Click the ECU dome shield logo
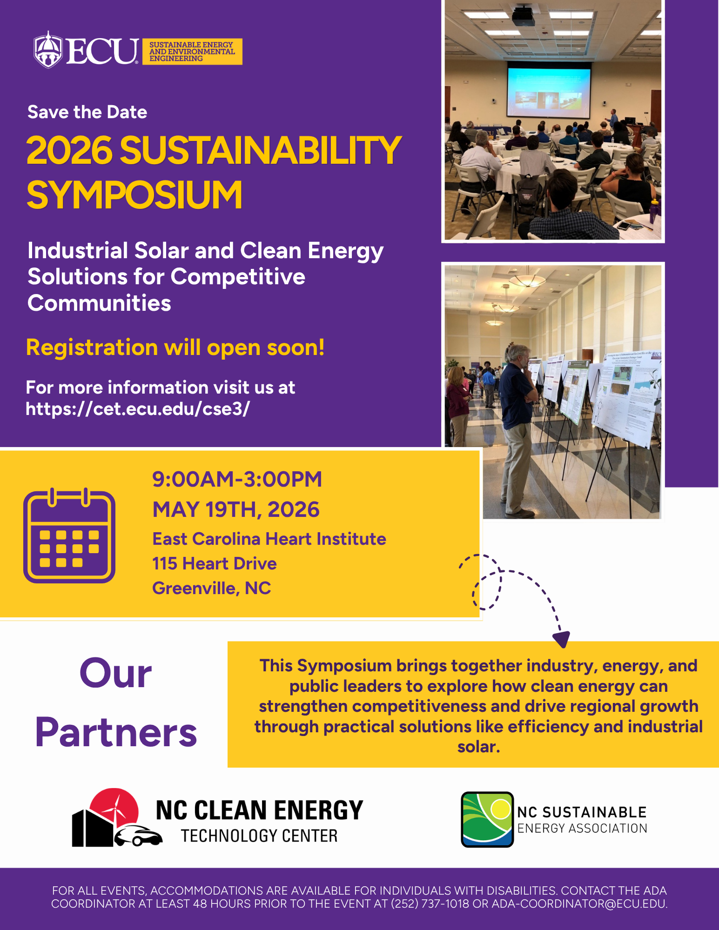pyautogui.click(x=48, y=50)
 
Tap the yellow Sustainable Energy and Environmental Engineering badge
pyautogui.click(x=192, y=52)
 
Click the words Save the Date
pyautogui.click(x=87, y=112)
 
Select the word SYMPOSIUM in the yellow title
pyautogui.click(x=134, y=195)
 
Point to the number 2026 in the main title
pyautogui.click(x=69, y=150)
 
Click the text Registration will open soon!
pyautogui.click(x=175, y=348)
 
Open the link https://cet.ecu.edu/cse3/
pyautogui.click(x=138, y=408)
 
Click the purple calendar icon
pyautogui.click(x=69, y=535)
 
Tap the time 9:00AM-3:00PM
pyautogui.click(x=237, y=479)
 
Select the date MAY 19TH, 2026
pyautogui.click(x=236, y=509)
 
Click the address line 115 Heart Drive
pyautogui.click(x=215, y=563)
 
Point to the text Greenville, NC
pyautogui.click(x=211, y=588)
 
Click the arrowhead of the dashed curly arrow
pyautogui.click(x=562, y=639)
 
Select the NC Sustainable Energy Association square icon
pyautogui.click(x=487, y=819)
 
